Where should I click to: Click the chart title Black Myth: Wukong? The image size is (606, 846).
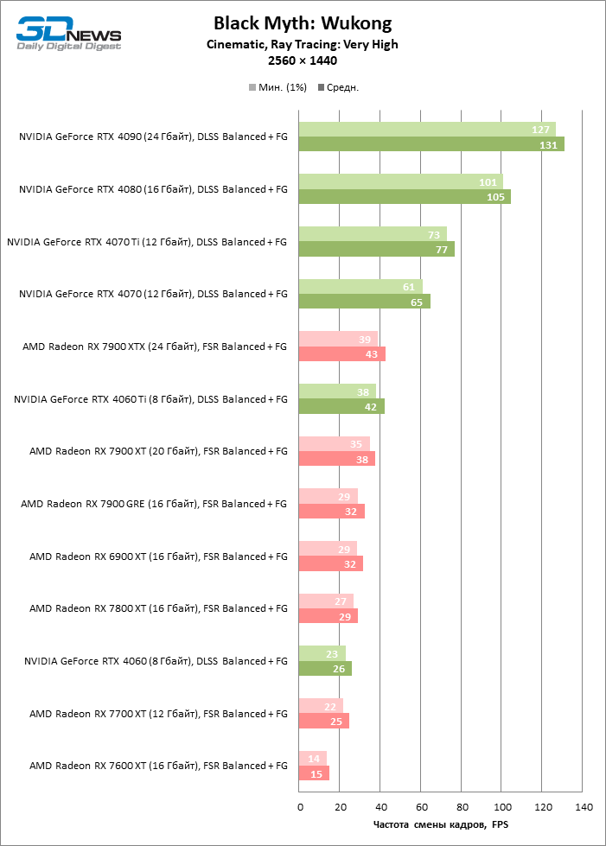click(x=303, y=23)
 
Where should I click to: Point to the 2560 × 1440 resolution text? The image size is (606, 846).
click(x=303, y=60)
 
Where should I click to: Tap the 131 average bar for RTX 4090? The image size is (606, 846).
click(x=431, y=144)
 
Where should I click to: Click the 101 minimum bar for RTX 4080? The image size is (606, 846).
click(x=400, y=182)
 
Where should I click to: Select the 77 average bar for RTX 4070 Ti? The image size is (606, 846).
click(x=376, y=249)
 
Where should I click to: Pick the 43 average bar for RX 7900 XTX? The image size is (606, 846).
click(x=341, y=353)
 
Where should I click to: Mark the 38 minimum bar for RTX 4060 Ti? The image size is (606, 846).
click(x=337, y=391)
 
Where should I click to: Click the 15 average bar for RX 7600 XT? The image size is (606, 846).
click(x=314, y=773)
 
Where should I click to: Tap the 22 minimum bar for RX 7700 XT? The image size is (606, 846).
click(x=321, y=706)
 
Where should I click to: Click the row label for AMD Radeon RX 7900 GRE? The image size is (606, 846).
click(x=154, y=504)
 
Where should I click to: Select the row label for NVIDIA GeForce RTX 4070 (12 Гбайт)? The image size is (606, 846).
click(x=153, y=294)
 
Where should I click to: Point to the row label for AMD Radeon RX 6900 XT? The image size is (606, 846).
click(x=158, y=557)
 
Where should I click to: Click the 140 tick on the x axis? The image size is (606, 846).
click(x=583, y=807)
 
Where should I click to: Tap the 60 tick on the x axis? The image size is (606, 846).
click(x=421, y=807)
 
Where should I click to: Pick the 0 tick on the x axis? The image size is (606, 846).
click(x=300, y=807)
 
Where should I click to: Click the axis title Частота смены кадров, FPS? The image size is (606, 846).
click(x=441, y=825)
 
